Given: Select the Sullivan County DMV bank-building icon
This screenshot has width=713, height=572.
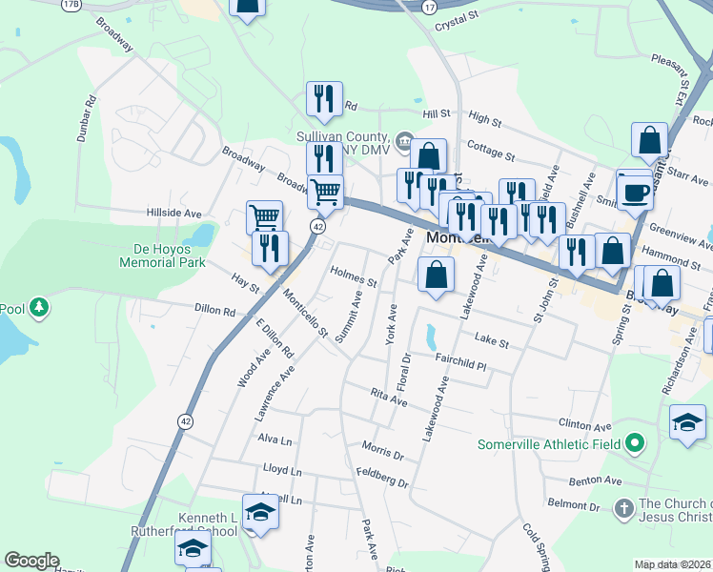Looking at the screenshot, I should [404, 143].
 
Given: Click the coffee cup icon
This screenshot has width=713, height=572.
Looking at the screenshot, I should [636, 192].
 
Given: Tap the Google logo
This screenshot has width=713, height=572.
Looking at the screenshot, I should [32, 561].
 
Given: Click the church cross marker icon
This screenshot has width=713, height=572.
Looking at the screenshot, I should [624, 506].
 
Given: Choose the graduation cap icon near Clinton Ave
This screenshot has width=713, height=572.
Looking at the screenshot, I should [687, 421].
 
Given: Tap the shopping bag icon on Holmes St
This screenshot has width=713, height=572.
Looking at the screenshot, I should [436, 276].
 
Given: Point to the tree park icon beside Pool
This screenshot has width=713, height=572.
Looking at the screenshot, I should [39, 308].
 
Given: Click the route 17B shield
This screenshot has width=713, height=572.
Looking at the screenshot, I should [71, 5].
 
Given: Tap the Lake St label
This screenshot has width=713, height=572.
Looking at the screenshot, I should [492, 340].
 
